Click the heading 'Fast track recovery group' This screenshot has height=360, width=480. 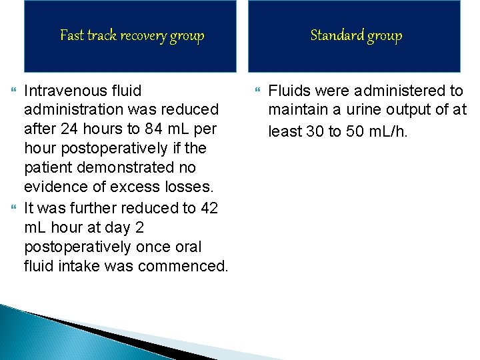point(132,35)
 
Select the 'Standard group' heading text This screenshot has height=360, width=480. point(356,35)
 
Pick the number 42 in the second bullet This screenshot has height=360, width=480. point(209,208)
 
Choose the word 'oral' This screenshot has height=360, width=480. point(187,247)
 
